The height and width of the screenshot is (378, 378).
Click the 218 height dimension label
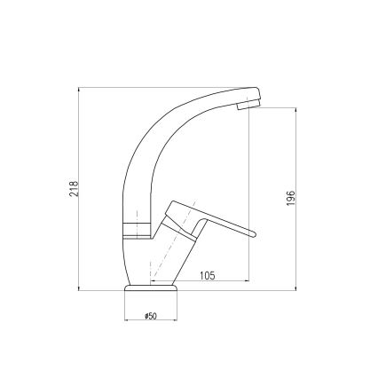pyautogui.click(x=74, y=189)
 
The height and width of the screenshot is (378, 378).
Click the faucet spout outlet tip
pyautogui.click(x=250, y=105)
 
